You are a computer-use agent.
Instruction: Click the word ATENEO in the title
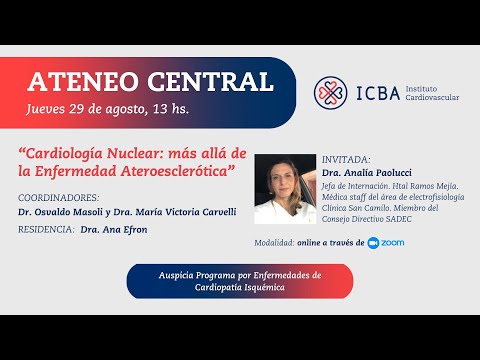tap(80, 80)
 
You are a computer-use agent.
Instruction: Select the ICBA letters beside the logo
tap(378, 94)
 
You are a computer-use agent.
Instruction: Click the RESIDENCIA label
tap(45, 230)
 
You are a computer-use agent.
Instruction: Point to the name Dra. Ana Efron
tap(100, 230)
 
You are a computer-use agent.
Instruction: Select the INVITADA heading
tap(346, 159)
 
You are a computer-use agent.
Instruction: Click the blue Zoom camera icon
tap(374, 242)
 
